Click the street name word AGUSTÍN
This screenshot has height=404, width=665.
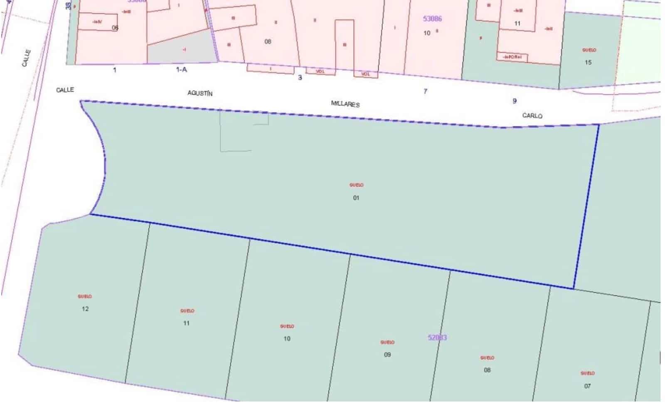[200, 93]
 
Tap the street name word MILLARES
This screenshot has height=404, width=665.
[345, 104]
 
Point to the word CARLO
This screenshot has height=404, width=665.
[532, 115]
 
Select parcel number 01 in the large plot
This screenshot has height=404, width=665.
[356, 198]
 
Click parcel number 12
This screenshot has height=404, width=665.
[85, 309]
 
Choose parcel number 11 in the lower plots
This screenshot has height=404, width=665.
[187, 323]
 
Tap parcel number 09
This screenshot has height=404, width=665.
[387, 355]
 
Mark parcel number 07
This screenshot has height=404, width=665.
[587, 386]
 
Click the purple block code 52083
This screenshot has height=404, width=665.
[437, 338]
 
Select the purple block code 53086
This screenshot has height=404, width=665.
[432, 19]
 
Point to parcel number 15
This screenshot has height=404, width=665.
[588, 63]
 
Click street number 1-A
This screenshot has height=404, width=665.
[182, 70]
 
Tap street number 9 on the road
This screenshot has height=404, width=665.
[515, 101]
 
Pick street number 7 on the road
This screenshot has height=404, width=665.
[425, 91]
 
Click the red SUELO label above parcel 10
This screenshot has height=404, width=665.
[287, 326]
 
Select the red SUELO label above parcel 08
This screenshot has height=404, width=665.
[487, 357]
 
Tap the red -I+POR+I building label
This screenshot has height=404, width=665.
[512, 57]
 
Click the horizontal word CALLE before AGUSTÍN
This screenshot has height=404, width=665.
[65, 90]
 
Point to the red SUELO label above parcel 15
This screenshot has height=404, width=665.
[589, 50]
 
